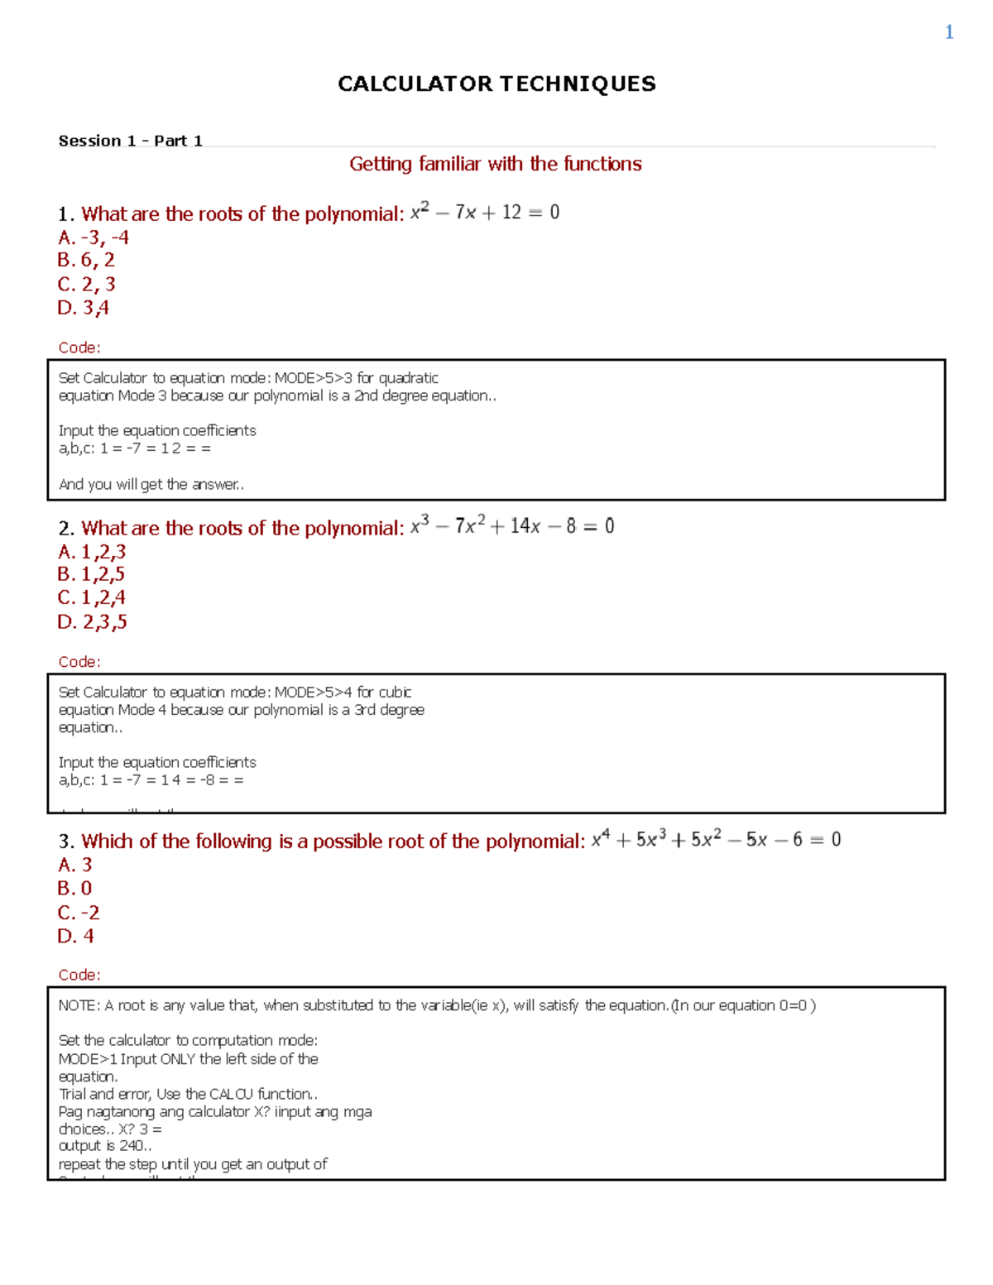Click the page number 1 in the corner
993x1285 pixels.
[949, 32]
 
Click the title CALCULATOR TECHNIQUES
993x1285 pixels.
[496, 84]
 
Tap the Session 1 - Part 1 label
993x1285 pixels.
[130, 141]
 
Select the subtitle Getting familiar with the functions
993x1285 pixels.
[495, 164]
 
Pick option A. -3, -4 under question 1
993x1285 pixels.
[93, 237]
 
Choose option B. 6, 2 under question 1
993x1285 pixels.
[86, 260]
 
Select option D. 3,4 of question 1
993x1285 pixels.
[83, 308]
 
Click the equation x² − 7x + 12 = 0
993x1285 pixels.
[485, 213]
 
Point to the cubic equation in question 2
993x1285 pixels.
[512, 526]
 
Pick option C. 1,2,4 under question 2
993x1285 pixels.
[91, 597]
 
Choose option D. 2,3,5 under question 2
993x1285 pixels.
[92, 621]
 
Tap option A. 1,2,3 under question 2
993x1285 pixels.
[91, 551]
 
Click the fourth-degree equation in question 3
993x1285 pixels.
[716, 840]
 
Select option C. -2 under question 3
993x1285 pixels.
[79, 913]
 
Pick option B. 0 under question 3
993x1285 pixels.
[74, 888]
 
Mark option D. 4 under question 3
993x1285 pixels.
[75, 936]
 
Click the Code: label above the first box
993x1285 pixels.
[79, 348]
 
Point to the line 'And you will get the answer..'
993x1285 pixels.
[151, 484]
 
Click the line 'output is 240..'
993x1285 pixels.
[105, 1146]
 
